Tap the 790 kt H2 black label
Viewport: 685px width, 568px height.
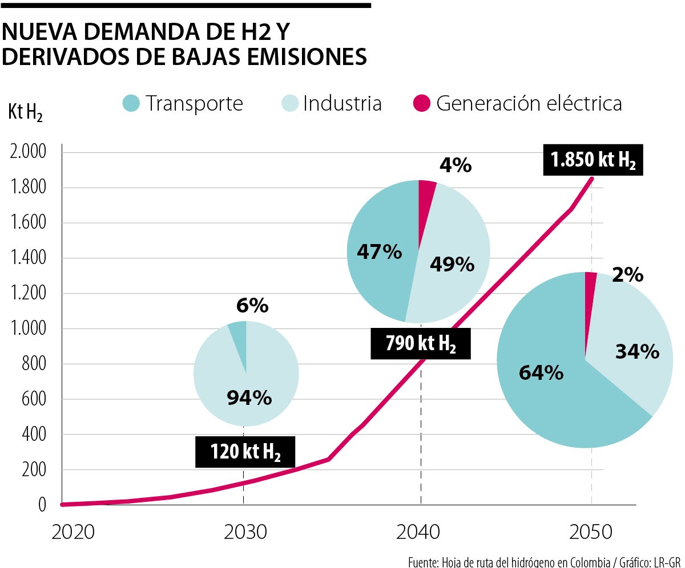[x=421, y=343]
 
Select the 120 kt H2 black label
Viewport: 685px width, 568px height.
[x=245, y=452]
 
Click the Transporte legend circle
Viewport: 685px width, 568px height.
[x=131, y=103]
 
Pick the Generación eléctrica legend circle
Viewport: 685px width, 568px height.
[x=421, y=103]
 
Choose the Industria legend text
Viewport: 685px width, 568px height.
[x=342, y=103]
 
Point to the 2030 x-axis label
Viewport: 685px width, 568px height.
[x=245, y=532]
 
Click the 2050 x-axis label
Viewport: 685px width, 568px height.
[x=591, y=532]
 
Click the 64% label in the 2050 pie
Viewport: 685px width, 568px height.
[x=541, y=373]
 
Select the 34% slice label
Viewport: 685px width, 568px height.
[x=637, y=352]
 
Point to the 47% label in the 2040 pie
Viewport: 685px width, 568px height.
[x=379, y=251]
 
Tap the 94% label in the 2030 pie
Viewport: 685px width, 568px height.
[x=249, y=398]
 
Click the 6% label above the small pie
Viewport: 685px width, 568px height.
[x=252, y=306]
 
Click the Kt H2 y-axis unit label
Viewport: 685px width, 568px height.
[x=25, y=112]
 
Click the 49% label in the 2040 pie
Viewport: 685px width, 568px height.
[x=452, y=264]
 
